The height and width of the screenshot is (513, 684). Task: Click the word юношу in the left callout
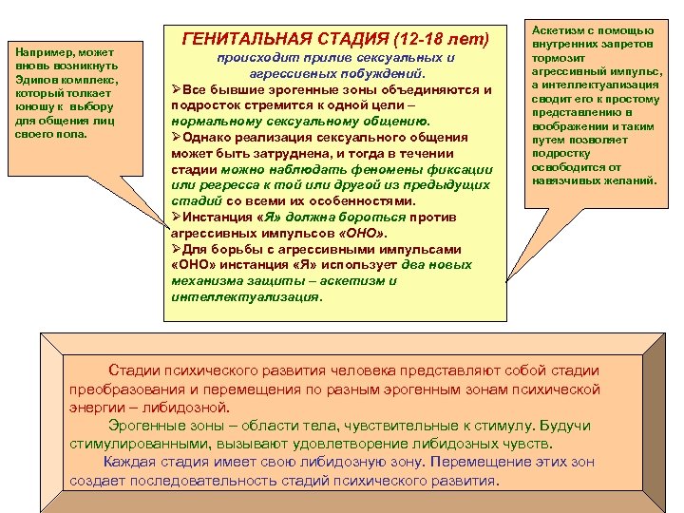[x=34, y=108]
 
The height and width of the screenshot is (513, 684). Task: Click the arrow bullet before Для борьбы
[x=177, y=249]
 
